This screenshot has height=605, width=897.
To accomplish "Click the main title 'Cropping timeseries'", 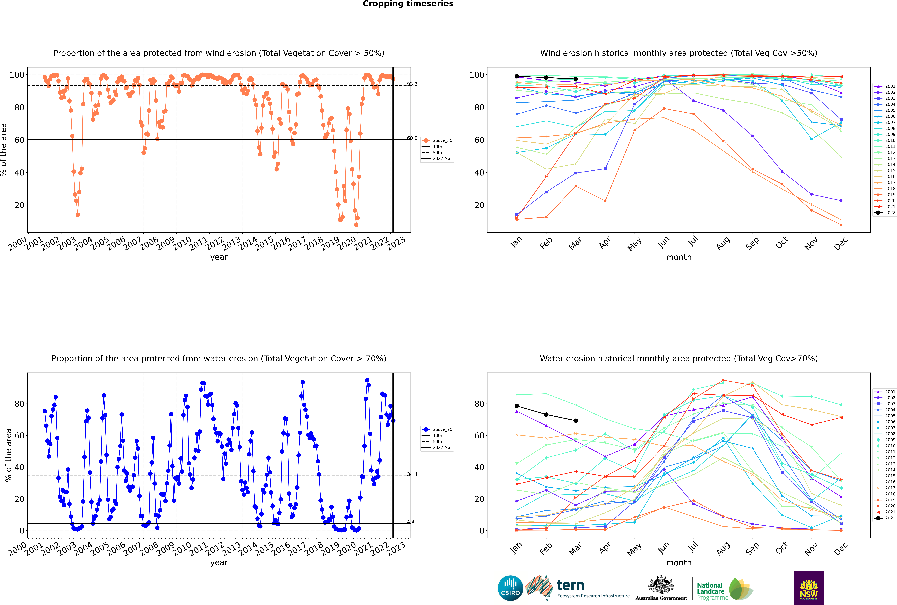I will click(408, 4).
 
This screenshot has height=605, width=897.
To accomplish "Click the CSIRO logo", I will click(510, 588).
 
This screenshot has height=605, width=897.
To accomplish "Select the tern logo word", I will click(570, 586).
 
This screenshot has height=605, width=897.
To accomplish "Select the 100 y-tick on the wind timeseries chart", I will click(17, 75).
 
